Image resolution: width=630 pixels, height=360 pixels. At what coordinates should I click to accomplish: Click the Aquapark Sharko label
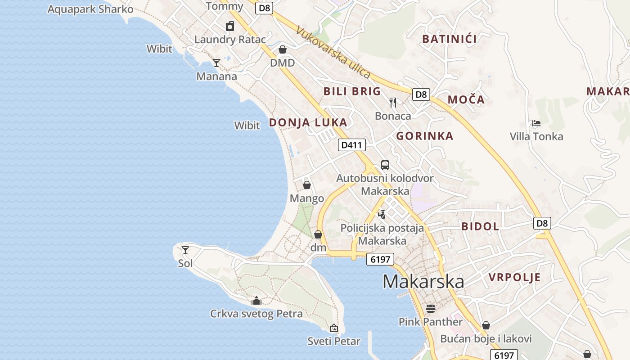click(90, 9)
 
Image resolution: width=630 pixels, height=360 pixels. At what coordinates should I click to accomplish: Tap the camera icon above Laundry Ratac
click(230, 26)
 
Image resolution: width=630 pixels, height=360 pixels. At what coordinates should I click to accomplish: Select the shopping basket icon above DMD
click(283, 49)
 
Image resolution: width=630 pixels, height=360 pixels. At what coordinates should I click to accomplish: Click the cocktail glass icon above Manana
click(216, 63)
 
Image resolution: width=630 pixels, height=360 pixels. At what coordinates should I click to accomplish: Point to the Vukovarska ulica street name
click(333, 52)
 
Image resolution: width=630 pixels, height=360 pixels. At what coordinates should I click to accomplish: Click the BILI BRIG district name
click(352, 91)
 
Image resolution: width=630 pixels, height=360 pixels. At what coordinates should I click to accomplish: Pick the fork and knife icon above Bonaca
click(393, 103)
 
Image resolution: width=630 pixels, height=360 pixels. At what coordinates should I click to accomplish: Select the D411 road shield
click(352, 145)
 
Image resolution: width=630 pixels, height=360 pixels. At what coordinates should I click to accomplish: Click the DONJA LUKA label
click(308, 122)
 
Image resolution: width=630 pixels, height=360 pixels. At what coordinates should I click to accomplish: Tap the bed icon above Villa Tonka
click(536, 123)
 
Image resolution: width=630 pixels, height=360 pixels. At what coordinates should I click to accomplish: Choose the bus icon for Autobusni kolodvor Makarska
click(385, 165)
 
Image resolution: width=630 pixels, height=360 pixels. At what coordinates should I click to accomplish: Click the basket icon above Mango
click(307, 185)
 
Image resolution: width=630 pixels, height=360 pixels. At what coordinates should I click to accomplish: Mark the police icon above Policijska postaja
click(382, 214)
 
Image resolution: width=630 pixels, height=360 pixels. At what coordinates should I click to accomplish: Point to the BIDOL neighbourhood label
click(480, 226)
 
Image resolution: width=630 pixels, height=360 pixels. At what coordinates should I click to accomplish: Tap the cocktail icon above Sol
click(185, 250)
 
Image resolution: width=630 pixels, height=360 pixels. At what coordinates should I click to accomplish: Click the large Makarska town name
click(423, 281)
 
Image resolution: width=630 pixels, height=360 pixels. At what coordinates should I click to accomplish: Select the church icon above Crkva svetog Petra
click(256, 300)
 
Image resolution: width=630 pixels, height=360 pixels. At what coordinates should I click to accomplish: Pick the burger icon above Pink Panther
click(431, 308)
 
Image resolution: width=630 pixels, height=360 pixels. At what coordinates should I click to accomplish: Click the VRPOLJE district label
click(514, 277)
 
